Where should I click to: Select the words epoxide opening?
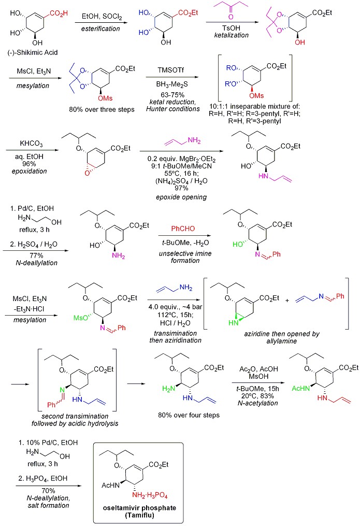click(176, 197)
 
